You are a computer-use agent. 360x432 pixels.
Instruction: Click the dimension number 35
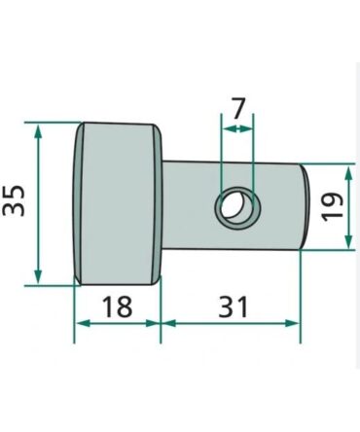tap(14, 200)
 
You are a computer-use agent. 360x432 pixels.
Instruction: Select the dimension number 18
tap(118, 306)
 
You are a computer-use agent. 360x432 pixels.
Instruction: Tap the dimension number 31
tap(233, 306)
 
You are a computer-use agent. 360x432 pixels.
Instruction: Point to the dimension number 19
tap(332, 206)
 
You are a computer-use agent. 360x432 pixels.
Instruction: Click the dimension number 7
tap(237, 109)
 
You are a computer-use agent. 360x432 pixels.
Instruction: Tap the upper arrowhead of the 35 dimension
tap(38, 132)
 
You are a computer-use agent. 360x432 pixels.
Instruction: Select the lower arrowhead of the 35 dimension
tap(38, 275)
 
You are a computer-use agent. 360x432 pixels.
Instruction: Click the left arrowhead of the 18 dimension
tap(84, 323)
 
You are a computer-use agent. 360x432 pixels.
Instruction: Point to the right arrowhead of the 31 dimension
tap(291, 323)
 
